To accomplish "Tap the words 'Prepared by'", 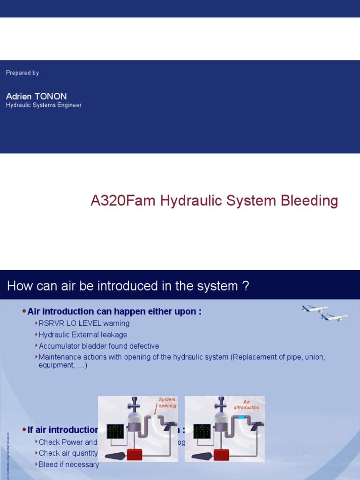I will [22, 73].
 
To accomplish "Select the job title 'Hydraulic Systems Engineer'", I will [44, 105].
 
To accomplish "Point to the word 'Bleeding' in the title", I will [310, 201].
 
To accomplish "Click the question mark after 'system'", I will [246, 286].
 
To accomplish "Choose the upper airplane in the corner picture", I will [315, 309].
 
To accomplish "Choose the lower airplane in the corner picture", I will [334, 317].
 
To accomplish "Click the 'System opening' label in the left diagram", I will [167, 403].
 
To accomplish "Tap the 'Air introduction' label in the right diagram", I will [247, 405].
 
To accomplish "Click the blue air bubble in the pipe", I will [240, 417].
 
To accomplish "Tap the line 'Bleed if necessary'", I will [69, 465].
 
